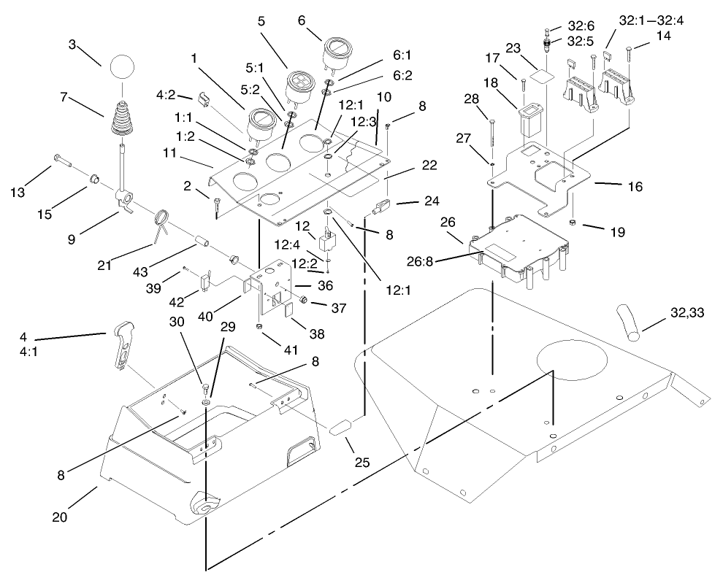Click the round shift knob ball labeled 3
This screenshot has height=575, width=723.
(x=124, y=72)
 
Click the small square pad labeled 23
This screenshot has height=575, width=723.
(x=542, y=74)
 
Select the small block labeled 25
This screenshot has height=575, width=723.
(x=342, y=427)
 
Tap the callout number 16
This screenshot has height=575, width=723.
(x=635, y=187)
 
